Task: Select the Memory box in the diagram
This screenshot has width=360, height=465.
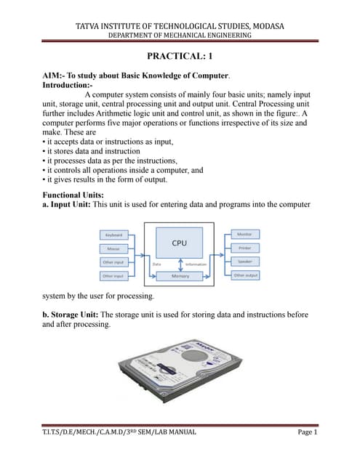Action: (181, 276)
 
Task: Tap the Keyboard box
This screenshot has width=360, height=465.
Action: (113, 235)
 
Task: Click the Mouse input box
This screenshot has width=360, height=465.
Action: (113, 248)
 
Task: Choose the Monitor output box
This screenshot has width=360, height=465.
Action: (244, 235)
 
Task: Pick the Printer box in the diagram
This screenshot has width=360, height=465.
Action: (244, 248)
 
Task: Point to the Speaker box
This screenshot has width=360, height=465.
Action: (244, 262)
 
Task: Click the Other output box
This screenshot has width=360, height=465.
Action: (244, 275)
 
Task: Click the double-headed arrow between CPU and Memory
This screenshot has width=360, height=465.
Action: (180, 263)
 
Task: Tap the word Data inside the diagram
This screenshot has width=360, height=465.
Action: (156, 264)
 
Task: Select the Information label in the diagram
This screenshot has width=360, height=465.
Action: (196, 264)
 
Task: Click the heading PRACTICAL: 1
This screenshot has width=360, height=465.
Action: (180, 57)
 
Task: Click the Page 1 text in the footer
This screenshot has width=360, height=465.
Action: (313, 432)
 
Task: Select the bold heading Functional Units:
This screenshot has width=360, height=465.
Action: (73, 195)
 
